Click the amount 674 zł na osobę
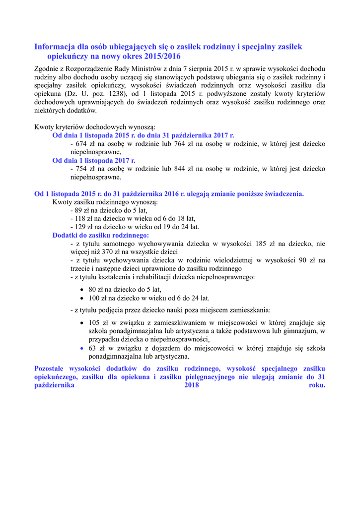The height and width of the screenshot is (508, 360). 80,144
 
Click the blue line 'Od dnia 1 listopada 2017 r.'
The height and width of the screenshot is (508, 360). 94,160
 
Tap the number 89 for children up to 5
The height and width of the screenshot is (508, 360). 79,210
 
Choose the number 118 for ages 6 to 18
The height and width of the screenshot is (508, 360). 81,219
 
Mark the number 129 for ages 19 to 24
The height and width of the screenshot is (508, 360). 81,227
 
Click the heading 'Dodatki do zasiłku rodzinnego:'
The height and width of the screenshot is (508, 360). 101,235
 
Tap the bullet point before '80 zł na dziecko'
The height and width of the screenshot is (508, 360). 82,290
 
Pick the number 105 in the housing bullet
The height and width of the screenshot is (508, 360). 94,322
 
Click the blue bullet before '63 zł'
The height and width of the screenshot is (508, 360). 82,348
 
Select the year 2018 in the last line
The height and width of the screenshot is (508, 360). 191,385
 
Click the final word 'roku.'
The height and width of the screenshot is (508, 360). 317,385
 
